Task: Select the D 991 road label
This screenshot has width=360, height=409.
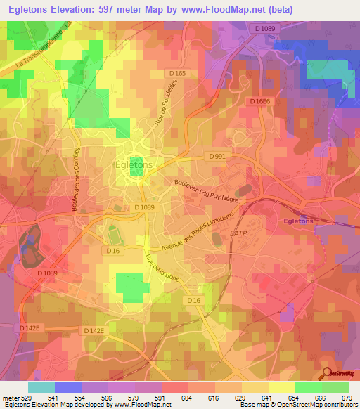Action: pos(217,156)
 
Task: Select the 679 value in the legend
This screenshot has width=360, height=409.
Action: pos(345,397)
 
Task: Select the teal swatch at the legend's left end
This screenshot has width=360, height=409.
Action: pos(41,387)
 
